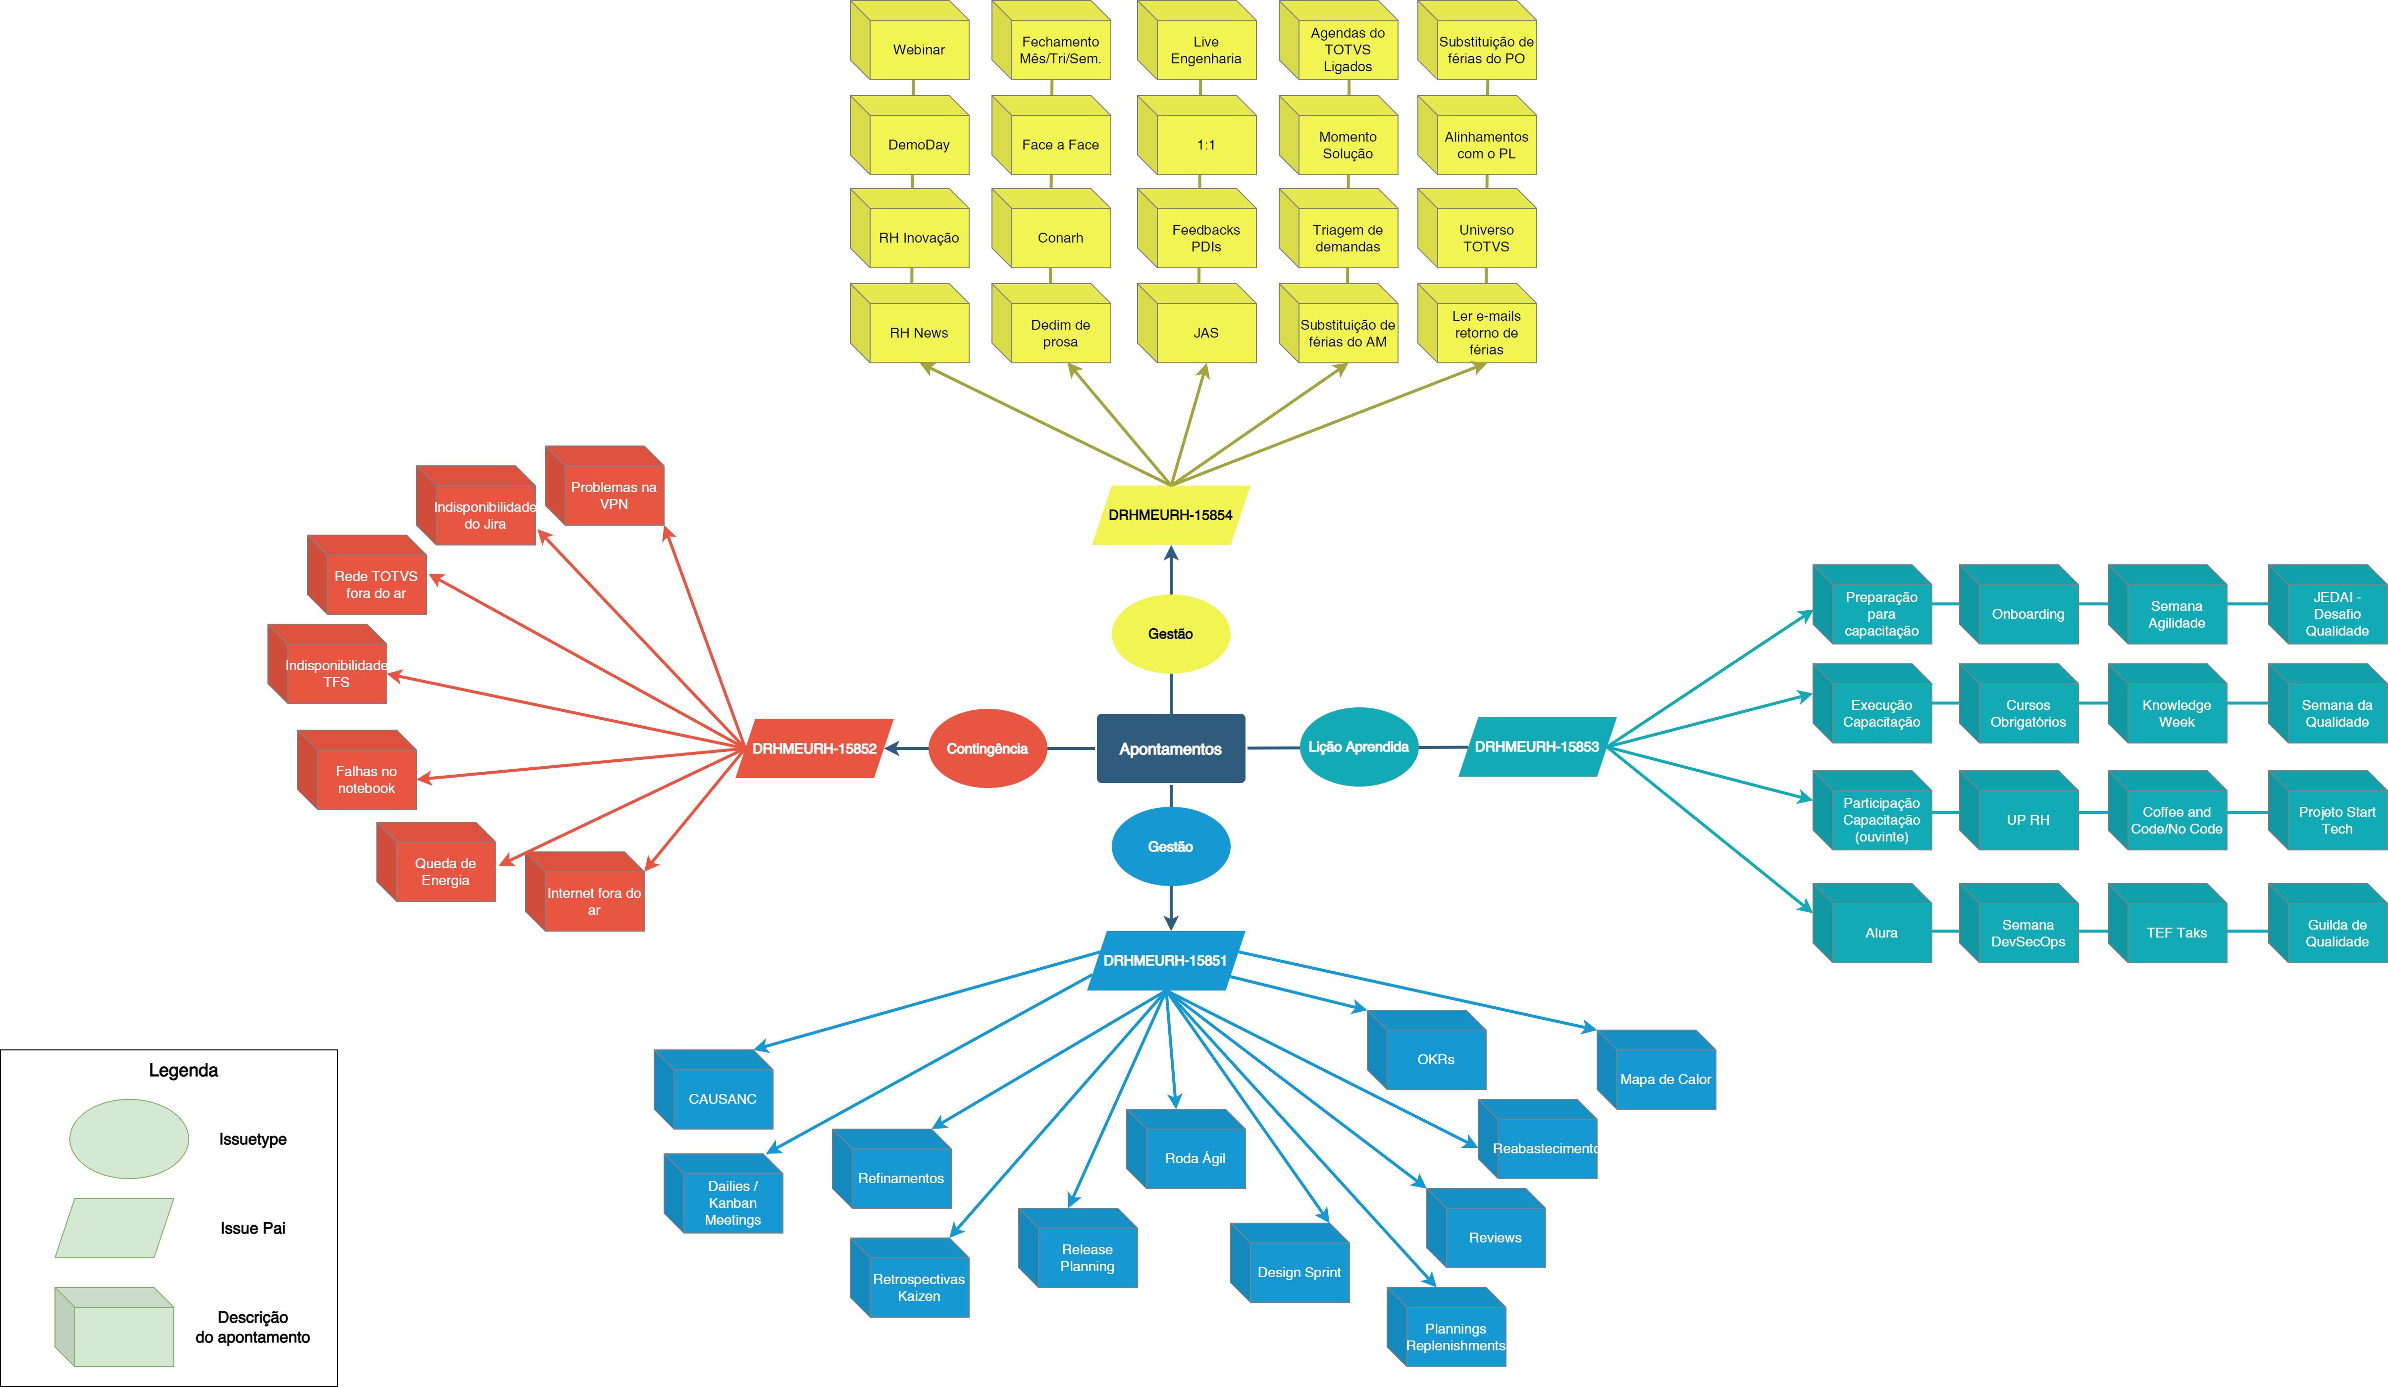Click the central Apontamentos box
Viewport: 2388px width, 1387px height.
point(1170,748)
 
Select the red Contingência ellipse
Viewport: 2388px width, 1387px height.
point(986,748)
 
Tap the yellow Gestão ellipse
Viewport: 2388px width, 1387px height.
point(1170,634)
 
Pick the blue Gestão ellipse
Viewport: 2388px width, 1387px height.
point(1170,846)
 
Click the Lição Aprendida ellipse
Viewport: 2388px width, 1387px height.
point(1358,746)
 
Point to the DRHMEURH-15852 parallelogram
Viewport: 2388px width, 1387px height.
point(814,748)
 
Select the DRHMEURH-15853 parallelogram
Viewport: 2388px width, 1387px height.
point(1536,746)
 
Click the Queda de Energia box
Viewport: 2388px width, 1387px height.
point(444,871)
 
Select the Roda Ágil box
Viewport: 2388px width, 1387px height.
point(1194,1158)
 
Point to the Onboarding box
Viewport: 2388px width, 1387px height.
point(2027,614)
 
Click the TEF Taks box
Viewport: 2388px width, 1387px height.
point(2176,932)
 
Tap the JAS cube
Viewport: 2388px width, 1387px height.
point(1205,333)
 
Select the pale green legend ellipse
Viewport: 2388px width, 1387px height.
point(129,1139)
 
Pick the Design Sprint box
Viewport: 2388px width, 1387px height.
point(1298,1271)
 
